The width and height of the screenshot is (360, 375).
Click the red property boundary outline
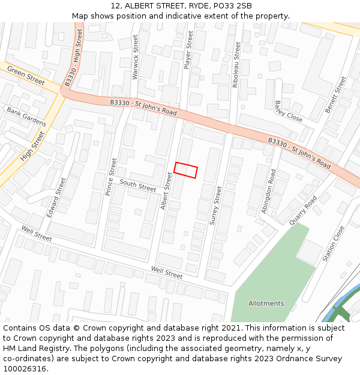point(185,170)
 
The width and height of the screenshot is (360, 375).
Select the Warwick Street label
point(135,57)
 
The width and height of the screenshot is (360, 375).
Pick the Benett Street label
point(336,95)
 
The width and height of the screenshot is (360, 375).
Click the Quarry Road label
point(302,211)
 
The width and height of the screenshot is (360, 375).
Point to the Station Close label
point(334,244)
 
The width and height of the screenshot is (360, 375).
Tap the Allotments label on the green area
point(266,304)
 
